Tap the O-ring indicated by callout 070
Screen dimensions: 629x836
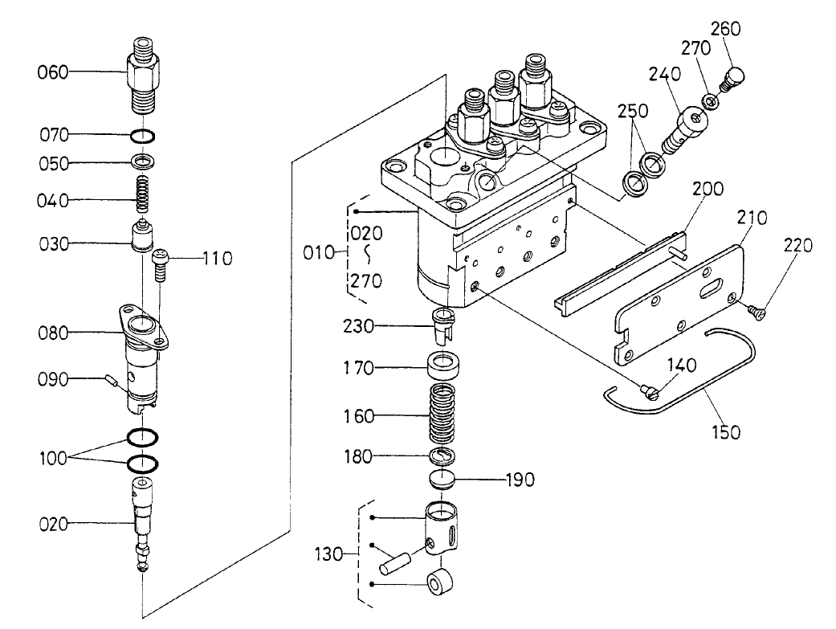[142, 135]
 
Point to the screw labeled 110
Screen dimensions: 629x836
[160, 263]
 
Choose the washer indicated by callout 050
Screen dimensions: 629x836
[142, 164]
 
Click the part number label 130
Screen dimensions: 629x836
[330, 553]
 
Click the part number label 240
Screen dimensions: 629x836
[666, 75]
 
